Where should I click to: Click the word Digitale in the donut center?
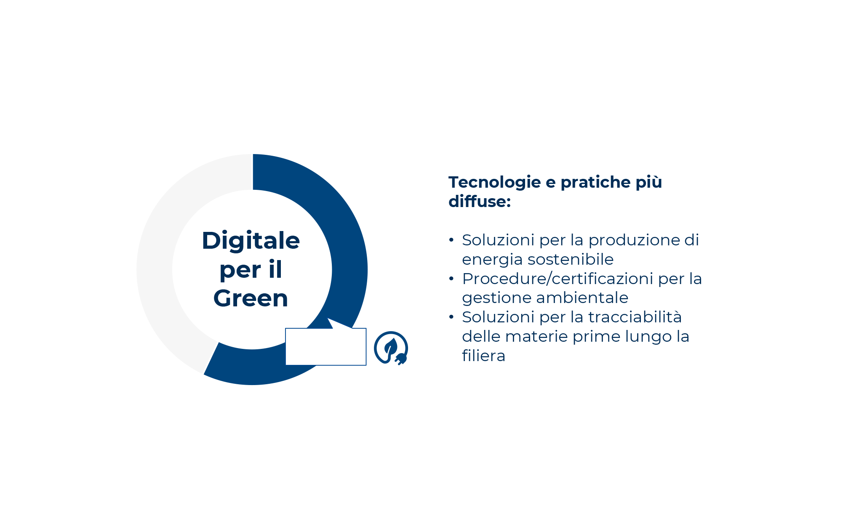pos(251,241)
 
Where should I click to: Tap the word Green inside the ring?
pos(251,298)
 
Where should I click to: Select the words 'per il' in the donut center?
pos(251,270)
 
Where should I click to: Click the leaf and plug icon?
pos(391,348)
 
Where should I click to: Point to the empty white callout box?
pos(325,347)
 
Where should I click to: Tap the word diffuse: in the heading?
pos(479,202)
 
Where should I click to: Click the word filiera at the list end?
pos(483,356)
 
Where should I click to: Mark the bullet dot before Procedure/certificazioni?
pos(451,279)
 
